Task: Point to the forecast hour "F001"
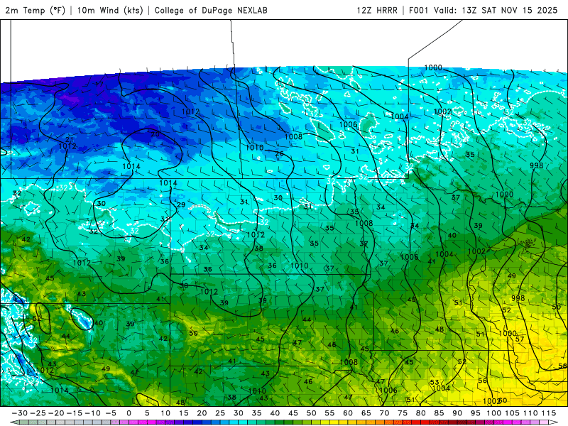tap(421, 10)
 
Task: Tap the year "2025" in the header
tap(550, 10)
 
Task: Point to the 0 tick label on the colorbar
tap(129, 413)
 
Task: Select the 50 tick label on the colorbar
tap(311, 413)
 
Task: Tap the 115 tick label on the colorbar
tap(548, 413)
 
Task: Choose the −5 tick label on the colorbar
tap(111, 413)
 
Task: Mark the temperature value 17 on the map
tap(99, 84)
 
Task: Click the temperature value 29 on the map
tap(180, 205)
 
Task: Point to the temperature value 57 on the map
tap(520, 339)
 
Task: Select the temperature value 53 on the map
tap(434, 383)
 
